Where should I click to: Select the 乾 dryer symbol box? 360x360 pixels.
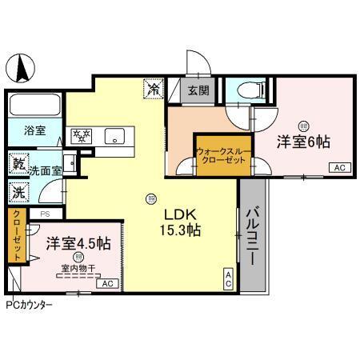(18, 163)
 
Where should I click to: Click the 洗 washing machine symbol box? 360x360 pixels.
(18, 193)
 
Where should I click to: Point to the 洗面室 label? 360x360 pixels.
(45, 170)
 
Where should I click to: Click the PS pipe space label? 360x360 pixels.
(45, 213)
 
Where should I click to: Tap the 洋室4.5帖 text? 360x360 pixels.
(78, 242)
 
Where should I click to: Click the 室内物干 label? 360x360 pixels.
(77, 270)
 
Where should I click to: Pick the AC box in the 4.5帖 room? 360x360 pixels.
(106, 283)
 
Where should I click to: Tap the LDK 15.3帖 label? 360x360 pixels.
(182, 222)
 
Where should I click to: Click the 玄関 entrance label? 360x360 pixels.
(199, 90)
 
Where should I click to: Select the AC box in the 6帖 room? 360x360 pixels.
(338, 167)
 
